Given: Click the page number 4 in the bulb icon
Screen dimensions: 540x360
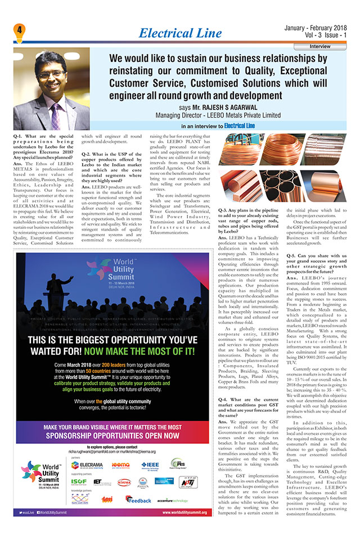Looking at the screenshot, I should coord(19,29).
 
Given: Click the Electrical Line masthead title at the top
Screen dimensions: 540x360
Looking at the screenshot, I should coord(180,33).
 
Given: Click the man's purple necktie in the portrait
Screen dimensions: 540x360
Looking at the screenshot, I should coord(55,112).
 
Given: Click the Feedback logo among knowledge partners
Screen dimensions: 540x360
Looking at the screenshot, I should coord(138,499).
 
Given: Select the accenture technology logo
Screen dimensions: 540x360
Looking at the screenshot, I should coord(173,499).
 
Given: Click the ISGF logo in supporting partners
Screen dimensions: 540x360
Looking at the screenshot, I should coord(80,482).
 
